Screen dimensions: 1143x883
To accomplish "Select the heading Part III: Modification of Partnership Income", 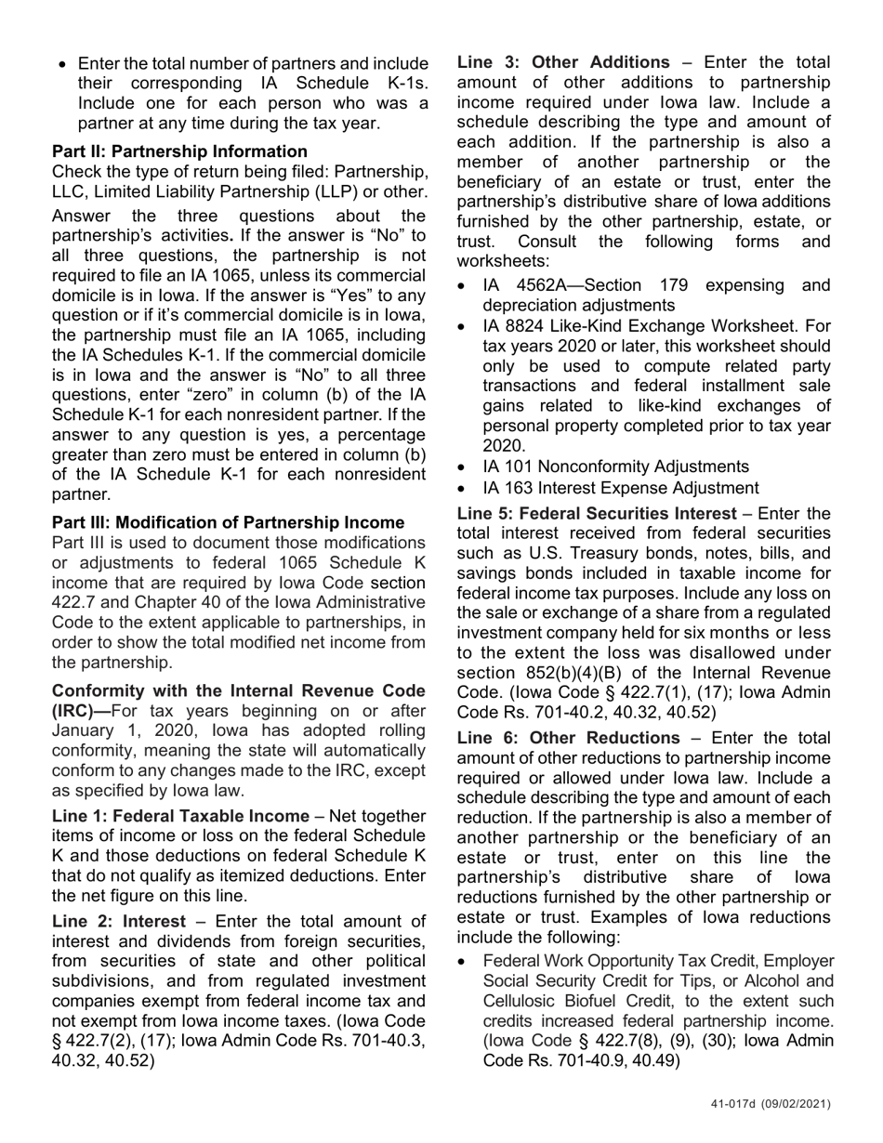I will (x=228, y=522).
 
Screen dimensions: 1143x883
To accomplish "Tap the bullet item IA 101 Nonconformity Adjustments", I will (x=615, y=466).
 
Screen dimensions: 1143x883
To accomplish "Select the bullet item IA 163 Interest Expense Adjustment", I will (x=621, y=488).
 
